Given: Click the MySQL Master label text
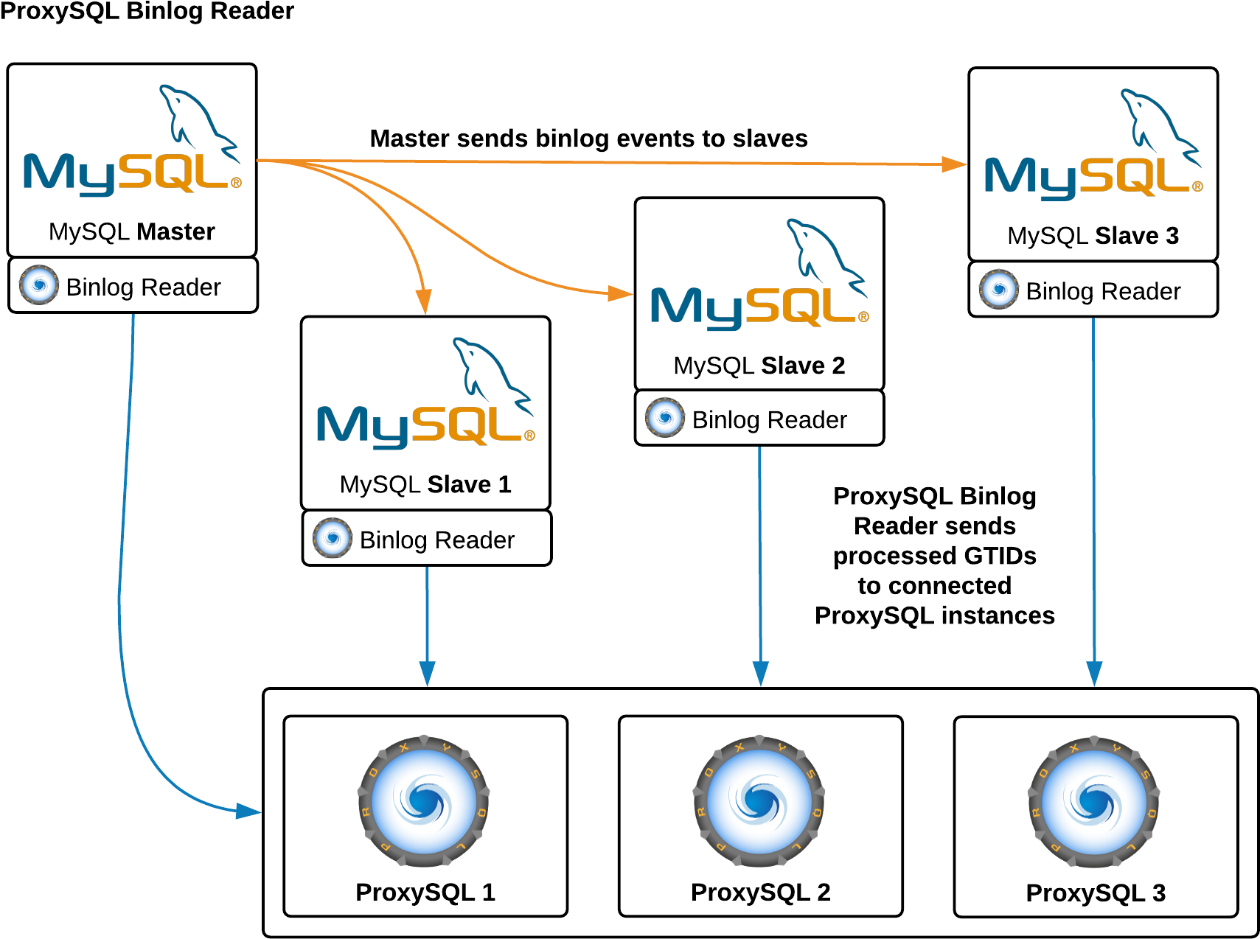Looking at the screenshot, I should pyautogui.click(x=131, y=231).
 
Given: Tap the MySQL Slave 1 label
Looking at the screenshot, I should pyautogui.click(x=425, y=484).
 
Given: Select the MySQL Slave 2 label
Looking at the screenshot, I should pyautogui.click(x=759, y=366).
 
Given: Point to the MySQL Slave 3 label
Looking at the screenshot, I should pyautogui.click(x=1093, y=236).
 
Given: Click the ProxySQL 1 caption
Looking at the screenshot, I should pyautogui.click(x=425, y=892).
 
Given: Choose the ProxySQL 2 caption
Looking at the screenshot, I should pyautogui.click(x=760, y=892).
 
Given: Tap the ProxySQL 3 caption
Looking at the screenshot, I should pyautogui.click(x=1096, y=893).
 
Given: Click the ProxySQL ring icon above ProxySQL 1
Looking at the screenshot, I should pyautogui.click(x=424, y=801).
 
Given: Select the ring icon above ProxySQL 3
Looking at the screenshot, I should pyautogui.click(x=1094, y=802).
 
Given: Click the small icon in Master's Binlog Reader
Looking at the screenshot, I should pyautogui.click(x=39, y=285).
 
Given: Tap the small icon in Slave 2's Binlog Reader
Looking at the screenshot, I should pyautogui.click(x=665, y=418).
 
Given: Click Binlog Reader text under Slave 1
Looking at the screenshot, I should pyautogui.click(x=436, y=540).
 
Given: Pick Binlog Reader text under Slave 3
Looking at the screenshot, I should pyautogui.click(x=1103, y=292).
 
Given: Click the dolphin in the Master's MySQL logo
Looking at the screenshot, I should pyautogui.click(x=195, y=118).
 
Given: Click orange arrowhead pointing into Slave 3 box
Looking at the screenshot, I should pyautogui.click(x=955, y=164).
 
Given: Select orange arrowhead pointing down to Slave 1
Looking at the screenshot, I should pyautogui.click(x=423, y=301).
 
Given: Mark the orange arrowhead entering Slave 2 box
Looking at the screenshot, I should pyautogui.click(x=620, y=294).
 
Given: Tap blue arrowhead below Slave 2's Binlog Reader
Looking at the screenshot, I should pyautogui.click(x=760, y=674).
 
